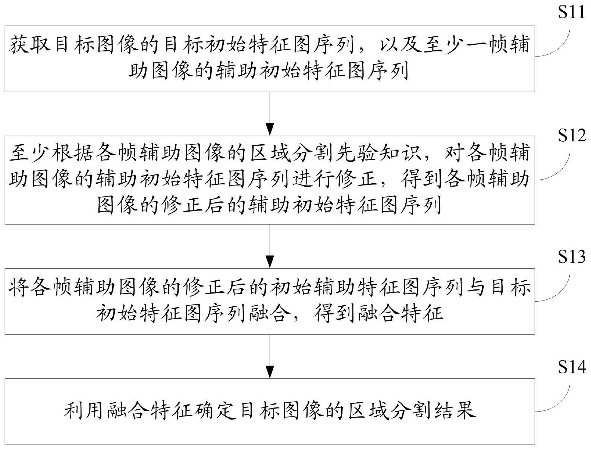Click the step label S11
click(571, 12)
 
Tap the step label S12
click(571, 134)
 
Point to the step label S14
click(571, 366)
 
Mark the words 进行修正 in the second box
click(335, 179)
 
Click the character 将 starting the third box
click(19, 287)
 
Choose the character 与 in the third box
click(474, 287)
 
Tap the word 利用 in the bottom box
click(84, 411)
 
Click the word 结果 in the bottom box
click(455, 411)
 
